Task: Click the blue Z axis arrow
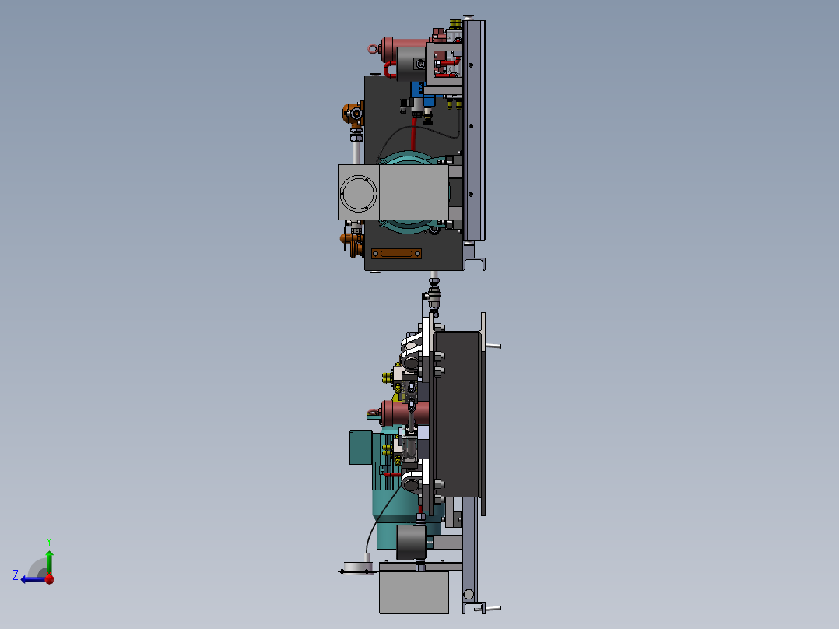[27, 578]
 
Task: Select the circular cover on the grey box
[359, 192]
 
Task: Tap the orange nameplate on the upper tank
[396, 254]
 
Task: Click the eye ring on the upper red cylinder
[372, 48]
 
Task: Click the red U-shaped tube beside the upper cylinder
[389, 71]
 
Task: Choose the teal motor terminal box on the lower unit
[362, 447]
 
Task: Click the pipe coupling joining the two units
[434, 296]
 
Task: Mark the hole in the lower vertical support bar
[469, 596]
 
